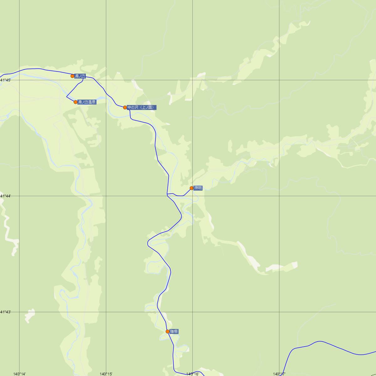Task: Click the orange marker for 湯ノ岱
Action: [72, 76]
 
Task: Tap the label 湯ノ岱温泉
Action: [87, 102]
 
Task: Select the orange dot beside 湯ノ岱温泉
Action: [76, 102]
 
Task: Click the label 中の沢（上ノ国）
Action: [142, 107]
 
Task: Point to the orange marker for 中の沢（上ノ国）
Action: [125, 107]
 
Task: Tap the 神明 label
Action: [198, 188]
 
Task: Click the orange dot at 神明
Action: [191, 188]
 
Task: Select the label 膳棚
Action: [174, 331]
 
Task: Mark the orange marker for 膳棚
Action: [168, 331]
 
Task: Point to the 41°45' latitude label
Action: [6, 80]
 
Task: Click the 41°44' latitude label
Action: [6, 196]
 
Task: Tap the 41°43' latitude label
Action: [6, 312]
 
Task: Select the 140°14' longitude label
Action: [19, 374]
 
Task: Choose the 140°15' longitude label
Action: [106, 374]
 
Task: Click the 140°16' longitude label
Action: [192, 374]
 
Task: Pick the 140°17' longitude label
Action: [279, 374]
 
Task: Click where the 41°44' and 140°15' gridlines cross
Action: [106, 196]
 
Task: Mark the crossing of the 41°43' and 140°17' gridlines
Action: [279, 312]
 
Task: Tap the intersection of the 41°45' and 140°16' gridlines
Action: [192, 80]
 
